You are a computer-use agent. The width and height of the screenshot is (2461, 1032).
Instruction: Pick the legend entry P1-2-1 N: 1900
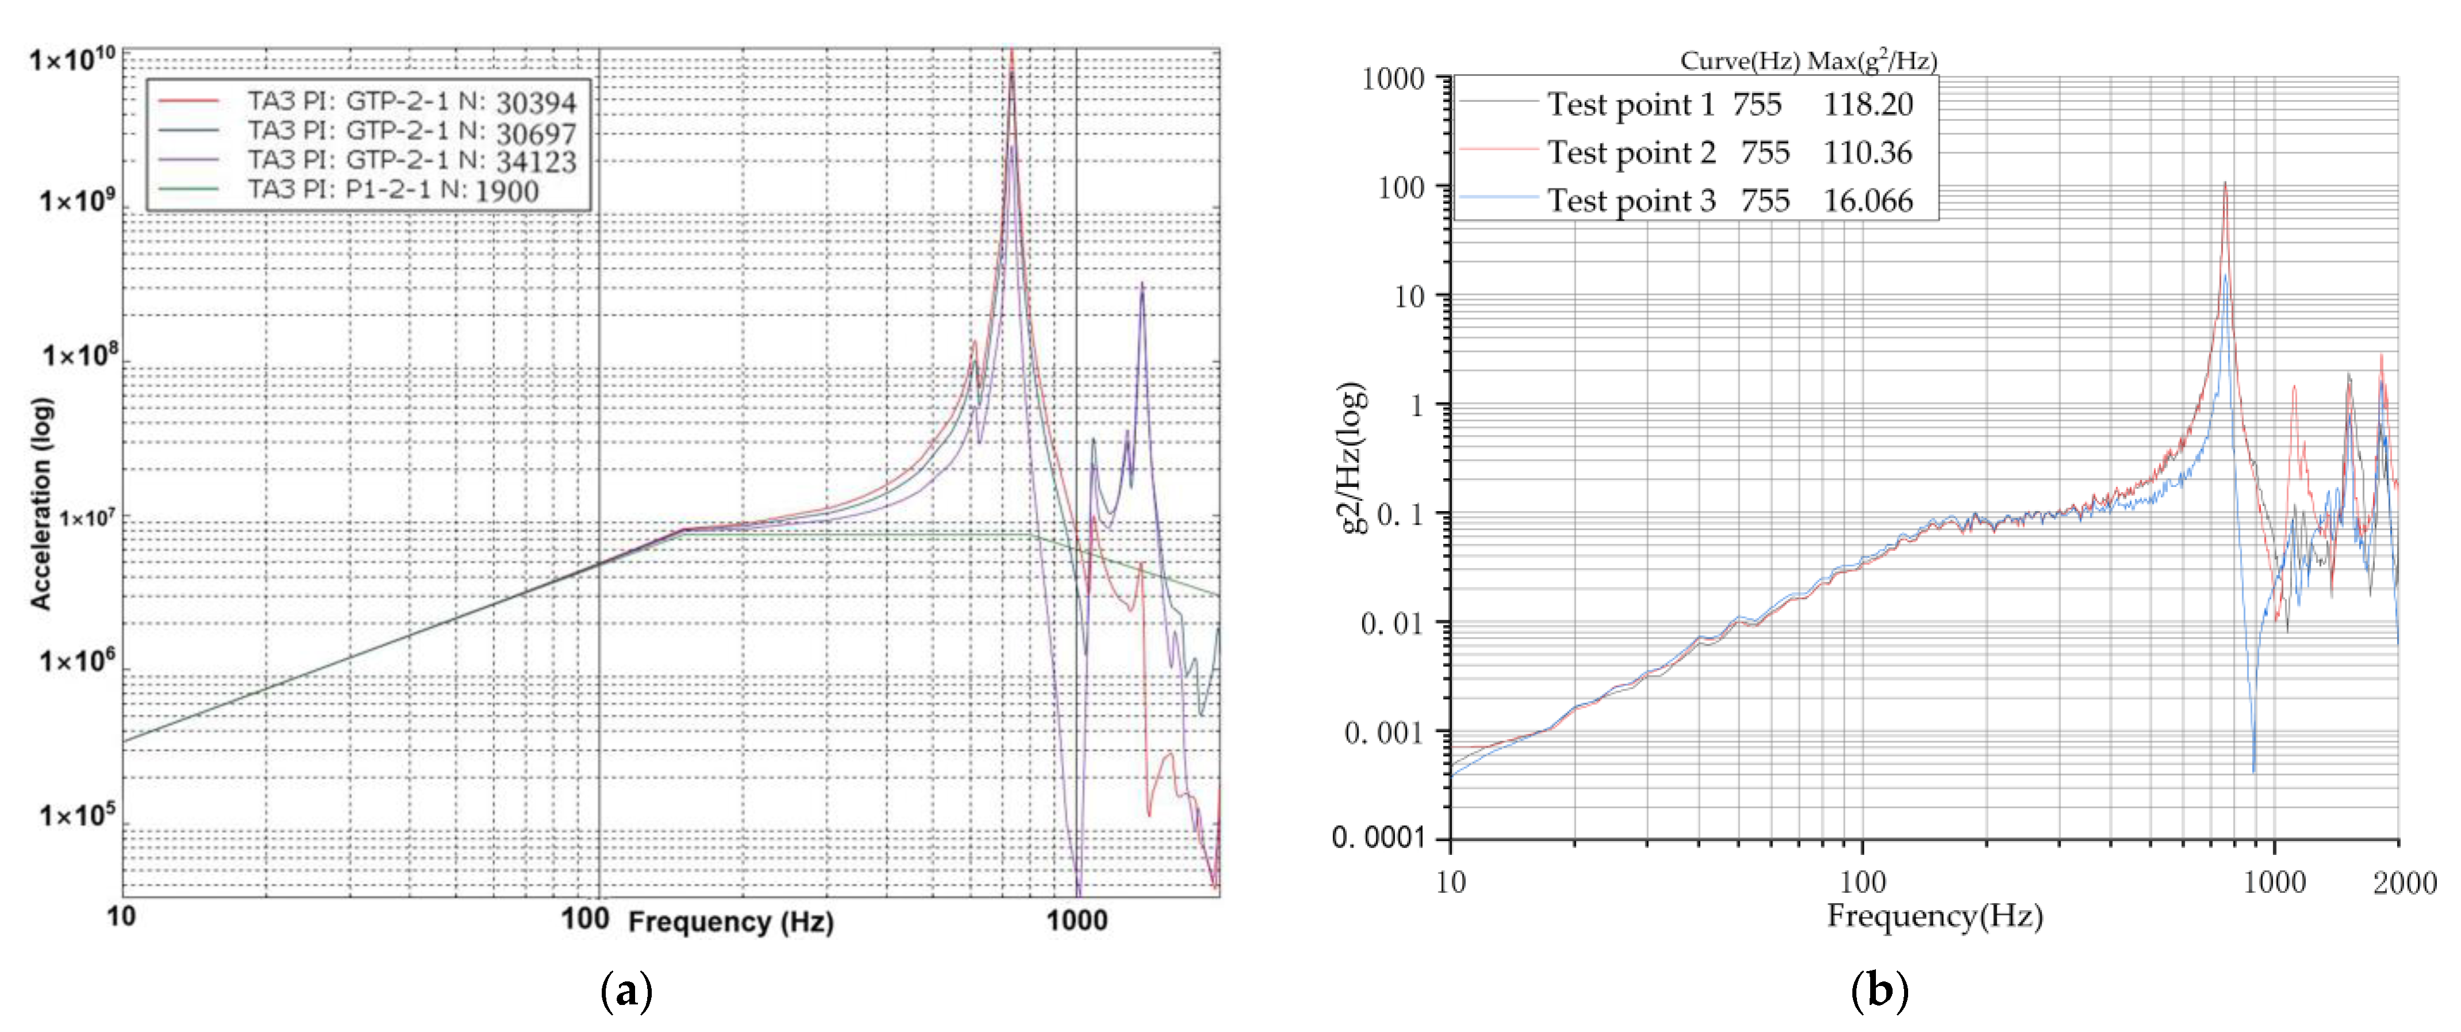[x=394, y=190]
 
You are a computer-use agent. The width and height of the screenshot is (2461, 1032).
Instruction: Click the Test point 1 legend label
[x=1631, y=104]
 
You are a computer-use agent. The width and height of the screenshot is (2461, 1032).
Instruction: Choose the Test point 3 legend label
[x=1631, y=201]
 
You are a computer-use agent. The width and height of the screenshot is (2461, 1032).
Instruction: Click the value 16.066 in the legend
[x=1868, y=201]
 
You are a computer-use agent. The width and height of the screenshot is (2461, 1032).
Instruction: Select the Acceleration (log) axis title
[x=41, y=504]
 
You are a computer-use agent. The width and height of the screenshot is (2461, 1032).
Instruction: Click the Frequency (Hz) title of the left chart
[x=731, y=922]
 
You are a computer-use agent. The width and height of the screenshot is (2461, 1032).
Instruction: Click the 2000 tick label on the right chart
[x=2404, y=882]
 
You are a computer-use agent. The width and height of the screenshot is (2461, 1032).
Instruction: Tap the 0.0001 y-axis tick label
[x=1378, y=838]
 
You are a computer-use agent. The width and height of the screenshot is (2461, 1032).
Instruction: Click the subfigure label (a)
[x=626, y=991]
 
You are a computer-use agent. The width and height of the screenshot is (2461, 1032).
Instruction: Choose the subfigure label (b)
[x=1879, y=991]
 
